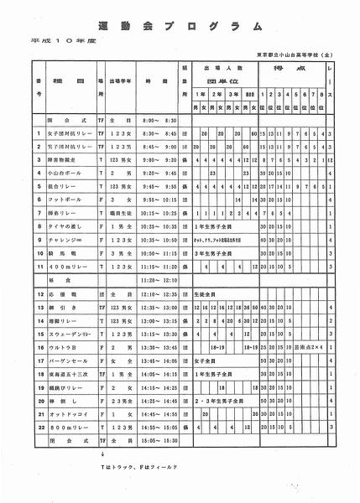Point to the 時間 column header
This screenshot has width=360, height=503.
point(154,83)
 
